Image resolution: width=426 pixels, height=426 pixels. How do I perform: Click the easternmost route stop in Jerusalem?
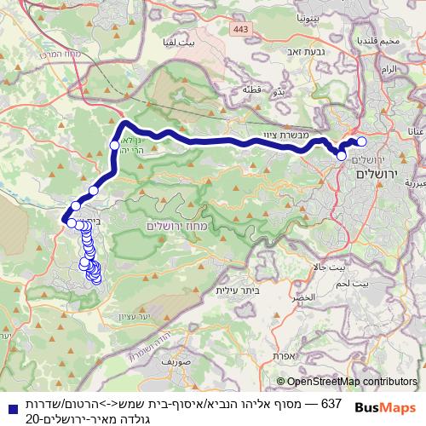coord(361,142)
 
